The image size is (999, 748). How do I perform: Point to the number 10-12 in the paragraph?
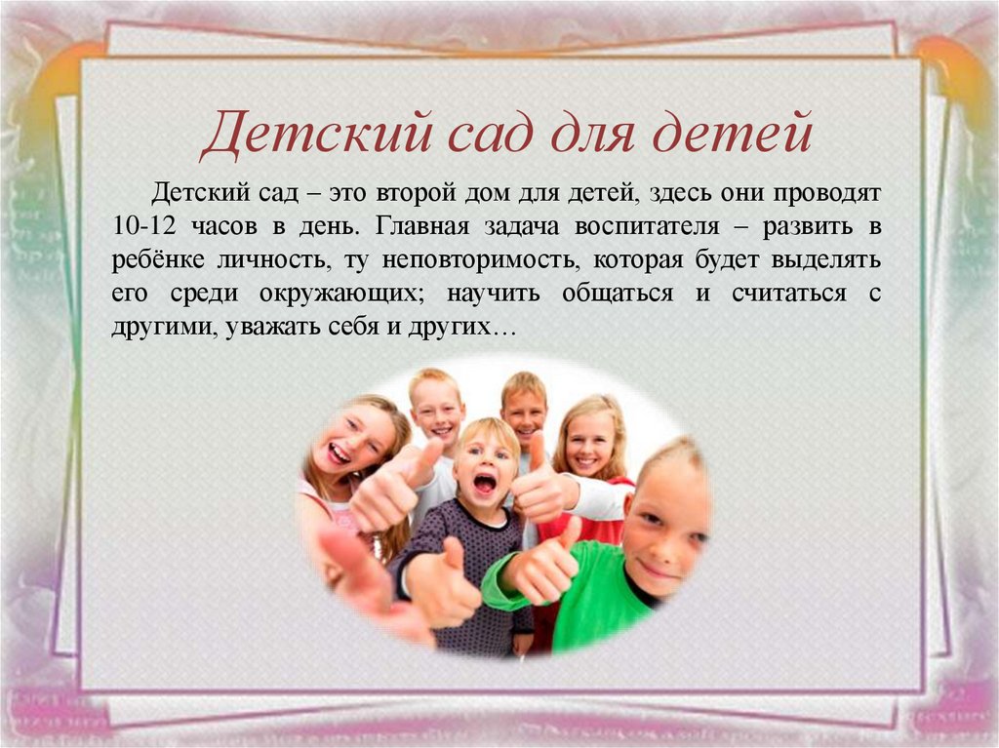click(142, 227)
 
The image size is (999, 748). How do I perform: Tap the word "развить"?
click(806, 227)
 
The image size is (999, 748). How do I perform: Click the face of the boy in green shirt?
click(665, 523)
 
